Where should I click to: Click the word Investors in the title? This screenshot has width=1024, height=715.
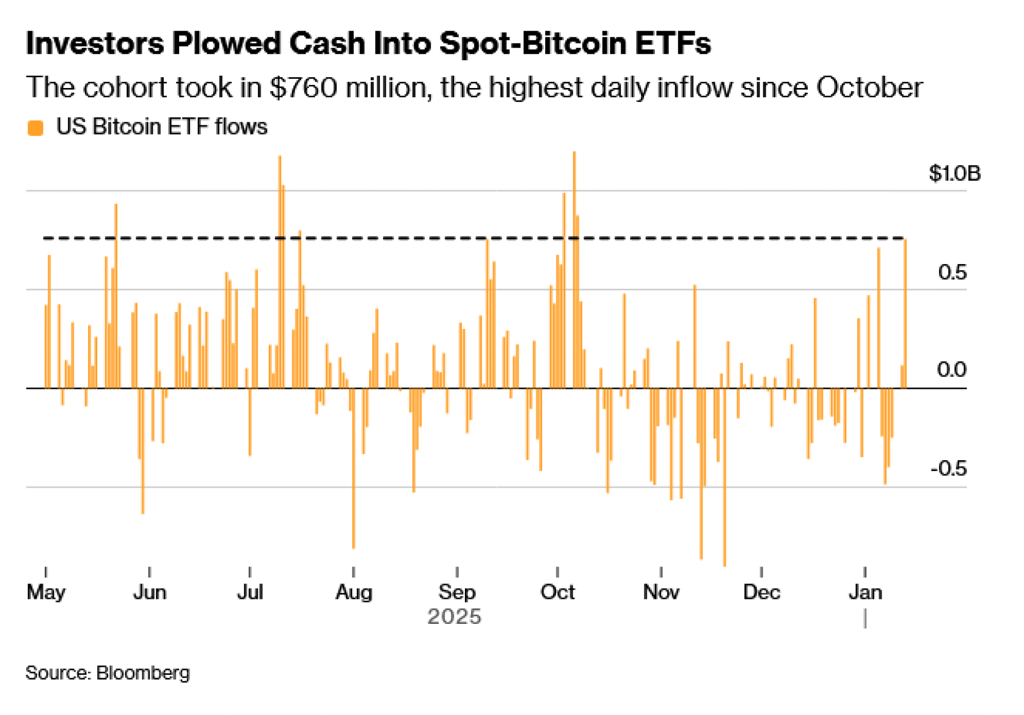pyautogui.click(x=95, y=43)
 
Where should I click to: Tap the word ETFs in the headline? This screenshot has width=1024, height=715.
pyautogui.click(x=673, y=43)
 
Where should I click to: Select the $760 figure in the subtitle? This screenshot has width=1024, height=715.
pyautogui.click(x=303, y=88)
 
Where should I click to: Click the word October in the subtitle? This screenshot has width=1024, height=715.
pyautogui.click(x=869, y=88)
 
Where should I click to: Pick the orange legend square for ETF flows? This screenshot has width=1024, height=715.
pyautogui.click(x=35, y=127)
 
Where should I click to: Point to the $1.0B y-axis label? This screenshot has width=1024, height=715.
pyautogui.click(x=954, y=174)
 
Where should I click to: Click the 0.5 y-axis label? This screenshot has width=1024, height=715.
pyautogui.click(x=952, y=272)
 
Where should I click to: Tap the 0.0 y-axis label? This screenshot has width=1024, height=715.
pyautogui.click(x=951, y=370)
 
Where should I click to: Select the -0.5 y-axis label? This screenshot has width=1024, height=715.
pyautogui.click(x=948, y=468)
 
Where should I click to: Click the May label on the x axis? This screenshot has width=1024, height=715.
pyautogui.click(x=46, y=592)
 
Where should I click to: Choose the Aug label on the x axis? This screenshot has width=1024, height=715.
pyautogui.click(x=354, y=592)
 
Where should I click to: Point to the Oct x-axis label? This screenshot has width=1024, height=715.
pyautogui.click(x=558, y=592)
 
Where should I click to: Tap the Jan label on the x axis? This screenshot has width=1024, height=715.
pyautogui.click(x=865, y=592)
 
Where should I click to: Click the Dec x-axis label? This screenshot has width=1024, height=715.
pyautogui.click(x=761, y=592)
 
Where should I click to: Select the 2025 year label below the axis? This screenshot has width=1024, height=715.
pyautogui.click(x=454, y=617)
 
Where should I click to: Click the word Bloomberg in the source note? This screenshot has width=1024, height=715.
pyautogui.click(x=143, y=673)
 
